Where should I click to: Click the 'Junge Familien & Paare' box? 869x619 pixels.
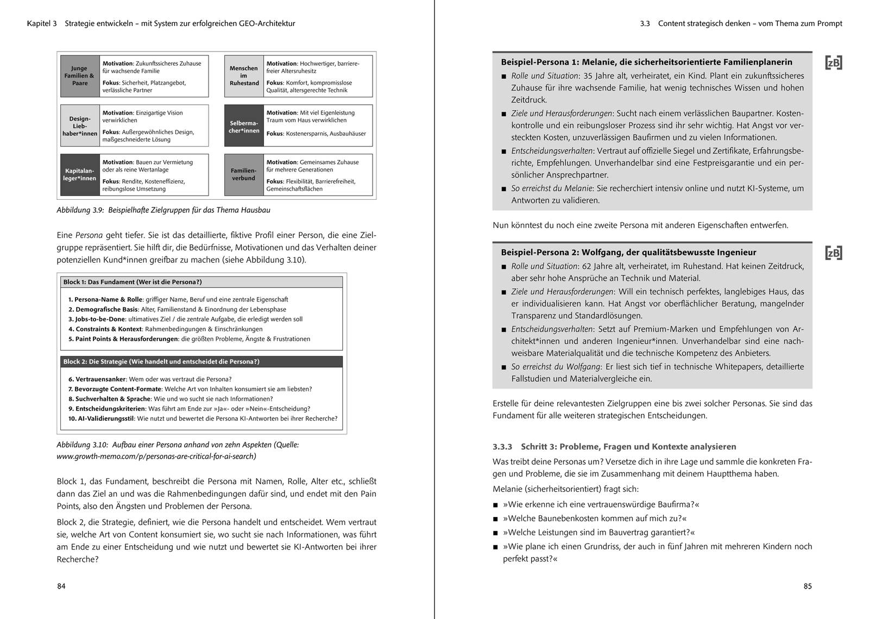[80, 76]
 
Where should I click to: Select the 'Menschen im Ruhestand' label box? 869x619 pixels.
[244, 76]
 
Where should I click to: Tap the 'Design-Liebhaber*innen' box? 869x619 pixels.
[80, 125]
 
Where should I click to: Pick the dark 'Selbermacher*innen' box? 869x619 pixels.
[244, 125]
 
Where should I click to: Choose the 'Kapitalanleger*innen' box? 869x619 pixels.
[80, 175]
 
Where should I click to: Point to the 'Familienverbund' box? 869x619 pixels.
[244, 175]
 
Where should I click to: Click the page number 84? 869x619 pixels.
[61, 586]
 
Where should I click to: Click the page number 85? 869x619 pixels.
[808, 586]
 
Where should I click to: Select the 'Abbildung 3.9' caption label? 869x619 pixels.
[80, 210]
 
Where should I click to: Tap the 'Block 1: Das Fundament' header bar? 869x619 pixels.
[201, 282]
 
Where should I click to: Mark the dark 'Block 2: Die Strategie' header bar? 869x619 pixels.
[201, 362]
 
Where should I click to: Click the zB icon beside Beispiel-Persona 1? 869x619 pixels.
[834, 63]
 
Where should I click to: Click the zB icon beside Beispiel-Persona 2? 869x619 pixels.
[834, 253]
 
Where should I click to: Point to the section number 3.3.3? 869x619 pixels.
[502, 447]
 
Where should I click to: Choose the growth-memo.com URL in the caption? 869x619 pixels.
[156, 457]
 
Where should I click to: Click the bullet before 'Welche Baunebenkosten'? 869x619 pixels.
[496, 519]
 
